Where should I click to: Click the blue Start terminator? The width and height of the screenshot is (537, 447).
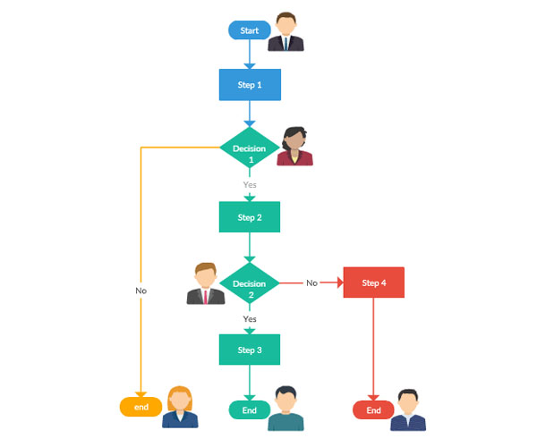pyautogui.click(x=250, y=30)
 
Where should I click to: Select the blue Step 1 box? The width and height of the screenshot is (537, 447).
pyautogui.click(x=250, y=84)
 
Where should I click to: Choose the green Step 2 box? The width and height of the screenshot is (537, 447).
pyautogui.click(x=250, y=217)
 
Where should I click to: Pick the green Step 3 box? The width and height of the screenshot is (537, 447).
pyautogui.click(x=250, y=350)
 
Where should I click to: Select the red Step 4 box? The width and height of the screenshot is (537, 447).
pyautogui.click(x=374, y=283)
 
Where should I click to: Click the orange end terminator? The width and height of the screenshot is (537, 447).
pyautogui.click(x=141, y=407)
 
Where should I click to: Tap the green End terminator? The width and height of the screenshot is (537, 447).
pyautogui.click(x=250, y=410)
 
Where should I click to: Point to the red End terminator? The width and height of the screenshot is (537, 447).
pyautogui.click(x=374, y=410)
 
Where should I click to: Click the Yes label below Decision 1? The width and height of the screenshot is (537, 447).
pyautogui.click(x=250, y=184)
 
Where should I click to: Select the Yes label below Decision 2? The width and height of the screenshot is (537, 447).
pyautogui.click(x=250, y=318)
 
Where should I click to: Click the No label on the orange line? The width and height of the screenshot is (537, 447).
pyautogui.click(x=141, y=291)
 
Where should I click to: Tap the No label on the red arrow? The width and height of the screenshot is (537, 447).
pyautogui.click(x=311, y=283)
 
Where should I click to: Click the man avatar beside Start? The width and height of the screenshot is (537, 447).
pyautogui.click(x=287, y=32)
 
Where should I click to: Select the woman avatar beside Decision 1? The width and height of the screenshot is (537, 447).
pyautogui.click(x=294, y=146)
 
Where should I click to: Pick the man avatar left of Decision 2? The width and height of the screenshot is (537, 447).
pyautogui.click(x=205, y=284)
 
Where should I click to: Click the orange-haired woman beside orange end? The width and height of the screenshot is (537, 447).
pyautogui.click(x=180, y=407)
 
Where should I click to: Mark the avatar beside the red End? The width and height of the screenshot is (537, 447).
pyautogui.click(x=408, y=410)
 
